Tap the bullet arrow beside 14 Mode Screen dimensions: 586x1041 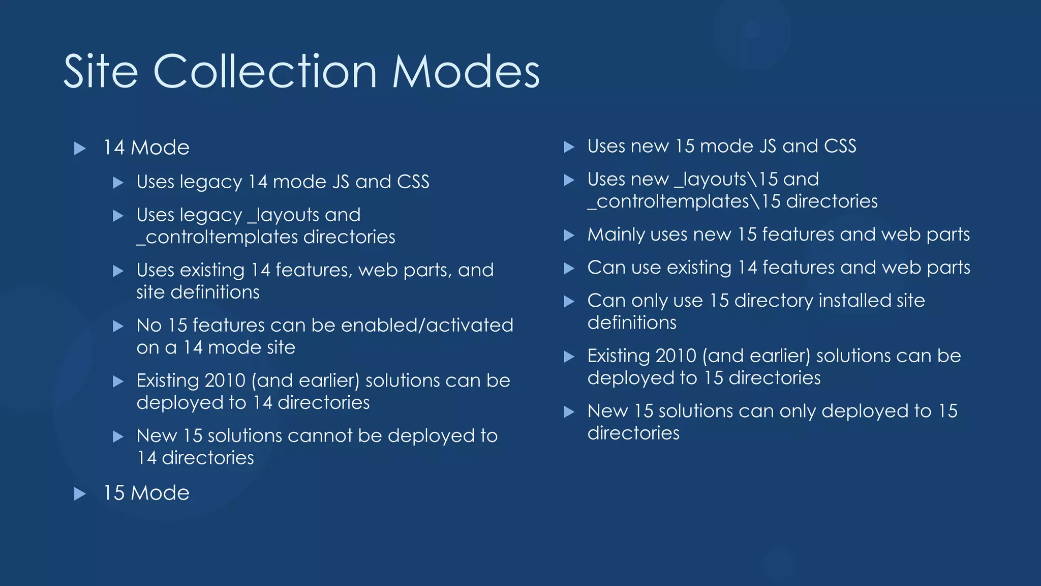(80, 149)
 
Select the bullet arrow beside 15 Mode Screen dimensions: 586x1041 (80, 494)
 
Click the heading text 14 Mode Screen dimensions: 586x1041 (146, 148)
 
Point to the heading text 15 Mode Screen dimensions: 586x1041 (146, 493)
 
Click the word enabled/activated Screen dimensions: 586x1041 (427, 325)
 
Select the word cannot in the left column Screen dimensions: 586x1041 (320, 436)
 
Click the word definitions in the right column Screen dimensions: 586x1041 (632, 323)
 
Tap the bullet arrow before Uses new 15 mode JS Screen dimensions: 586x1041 (569, 148)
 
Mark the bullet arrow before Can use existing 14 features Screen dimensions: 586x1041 (569, 269)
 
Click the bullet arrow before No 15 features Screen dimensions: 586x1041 (118, 327)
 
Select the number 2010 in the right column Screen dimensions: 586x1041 (676, 356)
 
